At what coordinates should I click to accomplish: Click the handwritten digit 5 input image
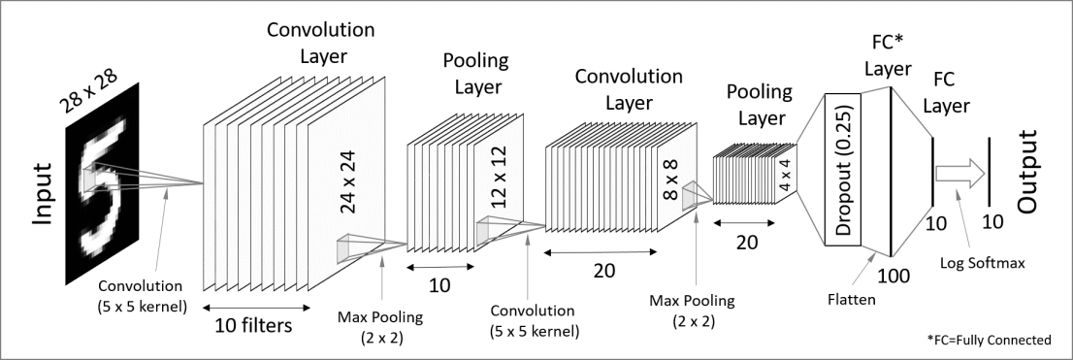[x=102, y=183]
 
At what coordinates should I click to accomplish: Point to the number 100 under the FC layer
[x=894, y=276]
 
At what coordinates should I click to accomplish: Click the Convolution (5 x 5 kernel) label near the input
[x=140, y=296]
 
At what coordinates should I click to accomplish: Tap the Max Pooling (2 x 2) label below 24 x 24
[x=380, y=327]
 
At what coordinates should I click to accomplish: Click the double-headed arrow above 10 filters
[x=257, y=308]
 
